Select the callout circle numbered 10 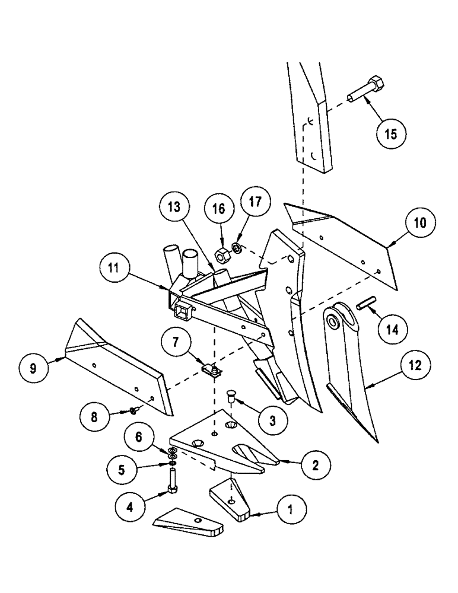[x=420, y=224]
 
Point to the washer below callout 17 [x=237, y=247]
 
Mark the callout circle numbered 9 [x=33, y=368]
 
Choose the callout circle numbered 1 [x=290, y=509]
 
